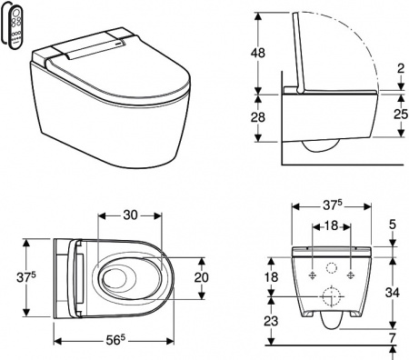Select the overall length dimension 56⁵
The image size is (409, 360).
click(x=115, y=342)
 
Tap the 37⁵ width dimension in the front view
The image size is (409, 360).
click(x=329, y=206)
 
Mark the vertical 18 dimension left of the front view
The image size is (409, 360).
click(x=270, y=276)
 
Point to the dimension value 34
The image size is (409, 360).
click(x=392, y=292)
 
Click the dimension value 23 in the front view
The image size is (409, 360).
click(x=270, y=320)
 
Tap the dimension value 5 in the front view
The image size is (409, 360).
click(x=392, y=225)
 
